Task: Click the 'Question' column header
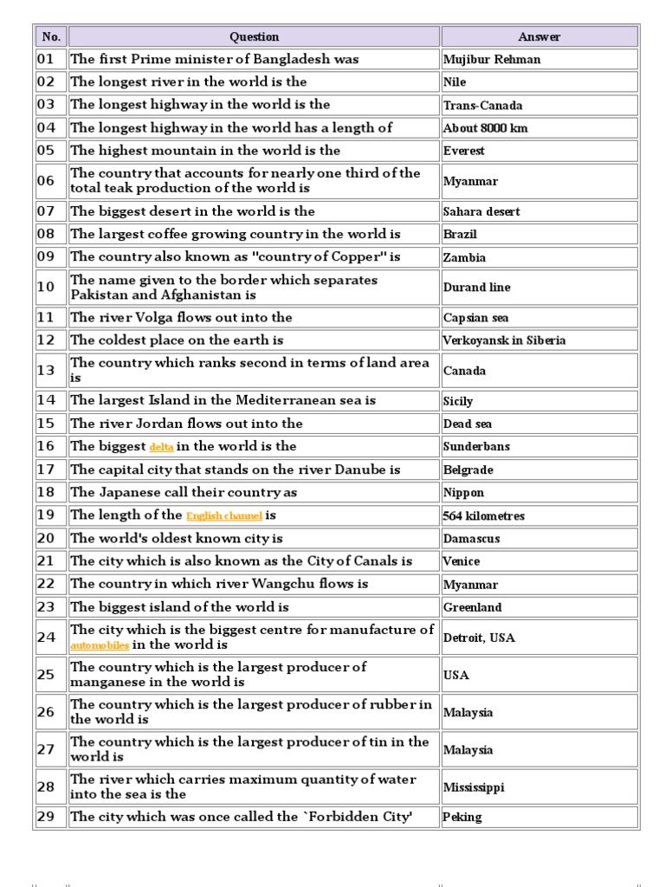click(x=254, y=36)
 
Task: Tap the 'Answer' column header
click(x=539, y=36)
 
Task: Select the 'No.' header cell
click(x=50, y=36)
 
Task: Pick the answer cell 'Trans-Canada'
click(x=482, y=106)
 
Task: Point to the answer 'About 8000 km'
click(x=485, y=128)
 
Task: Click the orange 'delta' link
click(x=161, y=448)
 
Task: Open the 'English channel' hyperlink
click(x=223, y=516)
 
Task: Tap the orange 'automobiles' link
click(x=100, y=646)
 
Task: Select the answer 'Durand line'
click(x=476, y=288)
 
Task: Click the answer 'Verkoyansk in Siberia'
click(x=504, y=340)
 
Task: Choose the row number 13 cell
click(x=46, y=371)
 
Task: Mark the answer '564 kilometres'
click(x=483, y=516)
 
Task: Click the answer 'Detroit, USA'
click(x=479, y=638)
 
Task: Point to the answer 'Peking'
click(x=462, y=817)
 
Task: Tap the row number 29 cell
click(x=46, y=817)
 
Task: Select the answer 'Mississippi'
click(x=473, y=787)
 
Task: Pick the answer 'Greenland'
click(x=472, y=608)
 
